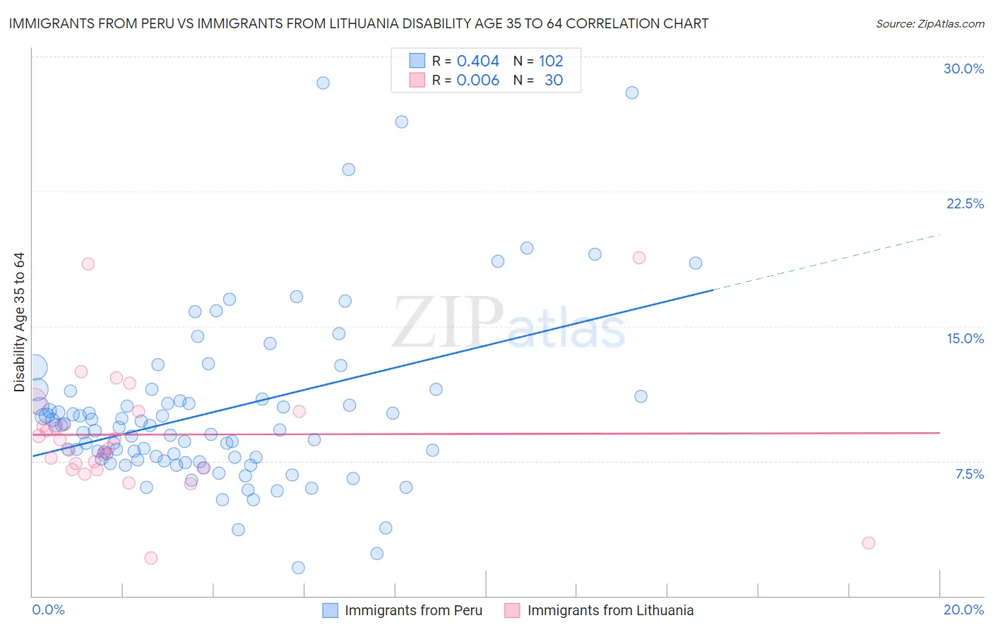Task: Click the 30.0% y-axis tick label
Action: pos(963,69)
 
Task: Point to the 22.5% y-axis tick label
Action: pos(965,204)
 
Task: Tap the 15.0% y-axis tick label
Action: pos(965,339)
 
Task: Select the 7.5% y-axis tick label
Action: pos(969,475)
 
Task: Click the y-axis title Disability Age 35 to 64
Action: pos(19,322)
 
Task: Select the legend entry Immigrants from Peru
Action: pos(413,611)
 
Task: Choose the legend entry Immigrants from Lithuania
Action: pos(610,611)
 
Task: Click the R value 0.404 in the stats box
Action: pos(477,61)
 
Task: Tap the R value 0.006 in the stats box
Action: pos(477,81)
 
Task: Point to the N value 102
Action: pos(551,61)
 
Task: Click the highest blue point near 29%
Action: pos(323,83)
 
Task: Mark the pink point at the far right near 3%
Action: pos(869,543)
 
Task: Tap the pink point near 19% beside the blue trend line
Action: pos(639,258)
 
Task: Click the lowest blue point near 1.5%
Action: pos(298,568)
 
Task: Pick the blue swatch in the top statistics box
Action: pos(417,61)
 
